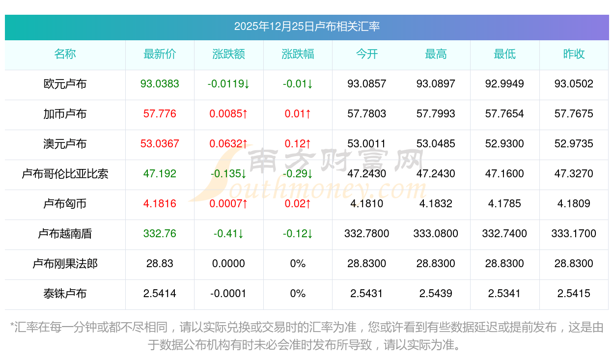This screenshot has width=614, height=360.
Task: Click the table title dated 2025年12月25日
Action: (x=307, y=27)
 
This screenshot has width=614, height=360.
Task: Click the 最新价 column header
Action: (x=160, y=54)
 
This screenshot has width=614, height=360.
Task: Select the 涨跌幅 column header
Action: (x=298, y=54)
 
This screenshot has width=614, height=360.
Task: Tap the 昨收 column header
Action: (x=574, y=54)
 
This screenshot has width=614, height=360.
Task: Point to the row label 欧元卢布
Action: (x=65, y=84)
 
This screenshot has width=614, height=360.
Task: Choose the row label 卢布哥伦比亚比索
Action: (x=65, y=174)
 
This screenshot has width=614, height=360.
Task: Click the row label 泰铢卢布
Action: (x=65, y=294)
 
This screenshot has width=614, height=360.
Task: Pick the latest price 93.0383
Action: (x=160, y=84)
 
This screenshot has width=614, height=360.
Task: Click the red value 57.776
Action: (x=160, y=114)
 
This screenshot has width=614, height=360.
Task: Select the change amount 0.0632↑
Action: (x=228, y=144)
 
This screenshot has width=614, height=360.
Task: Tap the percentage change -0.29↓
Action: (x=298, y=174)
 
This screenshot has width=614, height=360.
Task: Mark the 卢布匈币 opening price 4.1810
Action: (x=366, y=204)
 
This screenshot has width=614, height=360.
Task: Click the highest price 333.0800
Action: (x=436, y=234)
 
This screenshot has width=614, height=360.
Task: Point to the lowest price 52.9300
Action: (x=504, y=144)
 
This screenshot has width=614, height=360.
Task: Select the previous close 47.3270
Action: (x=574, y=174)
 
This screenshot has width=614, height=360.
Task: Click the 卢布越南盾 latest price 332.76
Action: (x=160, y=234)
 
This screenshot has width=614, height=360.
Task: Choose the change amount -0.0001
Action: (x=228, y=294)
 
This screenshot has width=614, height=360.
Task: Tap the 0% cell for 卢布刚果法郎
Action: (x=298, y=264)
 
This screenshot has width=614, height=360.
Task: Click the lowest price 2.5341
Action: (x=504, y=294)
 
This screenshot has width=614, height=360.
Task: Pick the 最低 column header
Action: (x=504, y=54)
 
